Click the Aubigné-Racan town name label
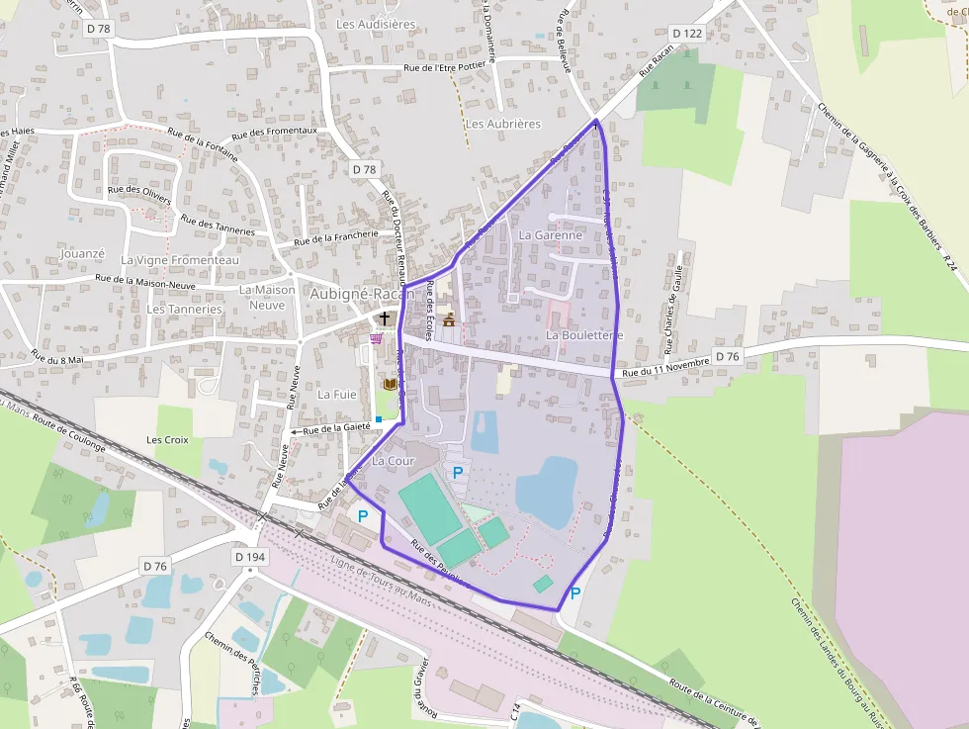[x=362, y=294]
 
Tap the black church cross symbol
[x=384, y=318]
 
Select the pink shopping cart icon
[x=376, y=338]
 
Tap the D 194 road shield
[x=251, y=558]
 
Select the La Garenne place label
[x=550, y=235]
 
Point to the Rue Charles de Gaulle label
[x=674, y=310]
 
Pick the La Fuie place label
[x=336, y=394]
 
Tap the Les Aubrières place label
[x=503, y=124]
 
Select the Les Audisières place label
[x=376, y=24]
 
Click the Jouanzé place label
[x=82, y=253]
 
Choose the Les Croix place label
[x=167, y=439]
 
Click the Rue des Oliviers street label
[x=139, y=194]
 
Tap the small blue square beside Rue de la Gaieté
[x=378, y=419]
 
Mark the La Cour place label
[x=394, y=461]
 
